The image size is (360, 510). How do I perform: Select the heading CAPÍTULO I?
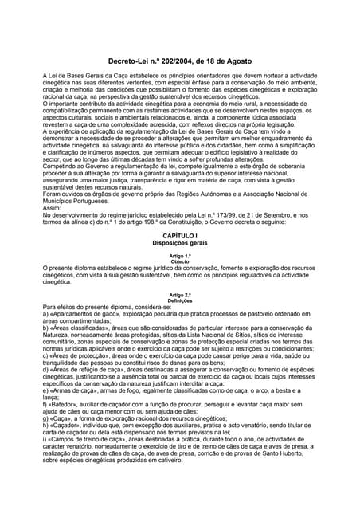[x=179, y=259]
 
